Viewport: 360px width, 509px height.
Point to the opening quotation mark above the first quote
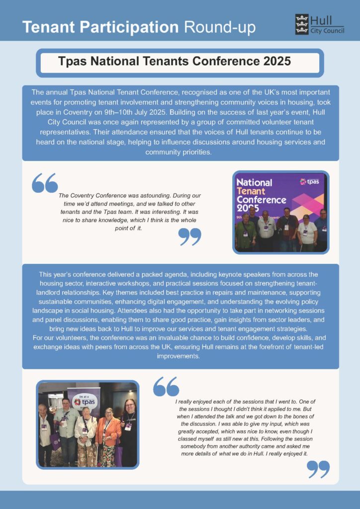click(x=44, y=183)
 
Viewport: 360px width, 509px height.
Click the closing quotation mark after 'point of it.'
click(x=189, y=237)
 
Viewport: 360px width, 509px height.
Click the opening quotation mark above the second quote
click(x=166, y=386)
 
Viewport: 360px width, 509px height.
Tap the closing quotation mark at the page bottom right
click(x=318, y=469)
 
